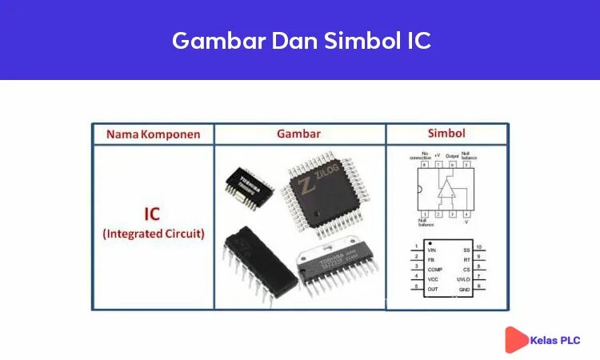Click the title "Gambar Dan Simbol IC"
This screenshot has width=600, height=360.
[x=301, y=40]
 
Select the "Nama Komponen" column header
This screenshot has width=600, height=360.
[x=153, y=134]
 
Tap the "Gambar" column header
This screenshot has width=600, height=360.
[x=298, y=134]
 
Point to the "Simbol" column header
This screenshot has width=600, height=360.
[x=446, y=134]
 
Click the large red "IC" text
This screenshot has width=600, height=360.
[x=152, y=214]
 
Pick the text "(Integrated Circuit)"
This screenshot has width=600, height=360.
[x=153, y=234]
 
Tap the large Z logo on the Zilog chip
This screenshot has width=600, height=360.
[x=306, y=186]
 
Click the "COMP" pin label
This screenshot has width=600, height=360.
[x=436, y=270]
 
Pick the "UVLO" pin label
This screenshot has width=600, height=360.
[x=462, y=279]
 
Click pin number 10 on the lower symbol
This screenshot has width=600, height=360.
[x=478, y=246]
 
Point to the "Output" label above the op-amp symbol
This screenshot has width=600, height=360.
[x=452, y=156]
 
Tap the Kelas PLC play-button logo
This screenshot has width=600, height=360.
[x=516, y=339]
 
